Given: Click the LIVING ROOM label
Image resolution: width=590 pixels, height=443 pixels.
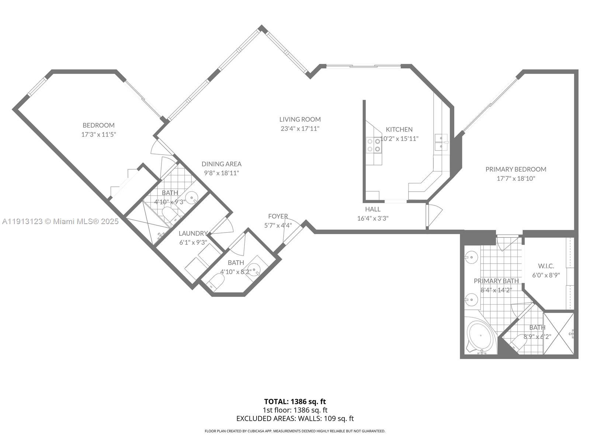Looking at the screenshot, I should [x=300, y=119].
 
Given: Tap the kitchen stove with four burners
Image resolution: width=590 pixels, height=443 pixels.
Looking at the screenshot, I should [x=374, y=145].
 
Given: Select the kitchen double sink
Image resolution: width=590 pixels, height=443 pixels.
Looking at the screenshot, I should [x=441, y=142].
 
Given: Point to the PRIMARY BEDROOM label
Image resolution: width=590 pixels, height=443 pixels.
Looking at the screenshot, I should [x=516, y=169].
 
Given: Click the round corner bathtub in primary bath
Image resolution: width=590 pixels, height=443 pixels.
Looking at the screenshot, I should [x=480, y=337].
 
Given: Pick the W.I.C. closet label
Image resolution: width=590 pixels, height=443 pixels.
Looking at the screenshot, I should [x=546, y=266].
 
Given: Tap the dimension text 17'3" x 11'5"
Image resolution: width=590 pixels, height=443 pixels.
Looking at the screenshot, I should [x=98, y=134].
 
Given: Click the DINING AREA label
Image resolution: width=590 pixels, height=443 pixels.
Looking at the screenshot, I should [x=221, y=164].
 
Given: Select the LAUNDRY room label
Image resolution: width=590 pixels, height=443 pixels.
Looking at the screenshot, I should [x=193, y=233].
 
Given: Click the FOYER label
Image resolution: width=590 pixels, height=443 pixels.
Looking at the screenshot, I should [x=278, y=216].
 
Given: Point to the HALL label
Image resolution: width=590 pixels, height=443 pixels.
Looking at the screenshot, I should [x=372, y=209].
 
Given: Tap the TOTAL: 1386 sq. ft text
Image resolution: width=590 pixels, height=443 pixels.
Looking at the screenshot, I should [x=295, y=401].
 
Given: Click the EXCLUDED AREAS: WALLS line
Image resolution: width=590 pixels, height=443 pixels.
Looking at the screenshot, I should [x=295, y=418].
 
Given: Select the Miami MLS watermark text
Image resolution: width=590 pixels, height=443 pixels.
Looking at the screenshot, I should [x=60, y=221].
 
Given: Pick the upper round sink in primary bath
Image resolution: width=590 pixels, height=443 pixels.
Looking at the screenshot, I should [x=471, y=257].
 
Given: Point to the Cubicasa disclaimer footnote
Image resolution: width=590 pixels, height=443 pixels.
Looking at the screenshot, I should [x=295, y=431].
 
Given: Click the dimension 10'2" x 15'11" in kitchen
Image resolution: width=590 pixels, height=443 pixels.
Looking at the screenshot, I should [x=399, y=139].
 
